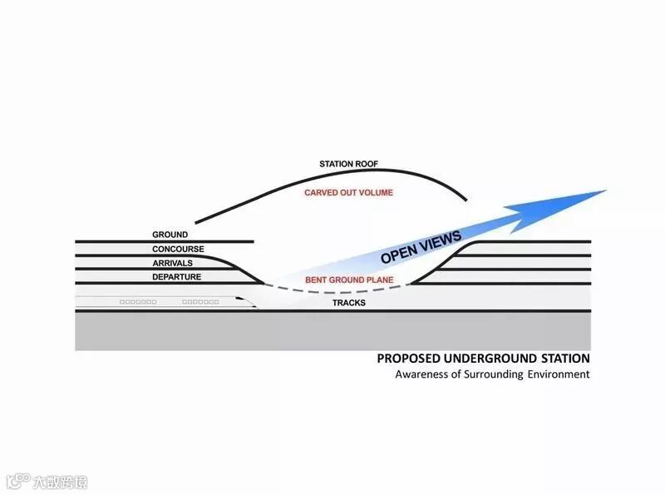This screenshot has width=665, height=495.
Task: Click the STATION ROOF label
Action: (348, 164)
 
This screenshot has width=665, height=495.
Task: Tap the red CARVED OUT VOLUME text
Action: (348, 193)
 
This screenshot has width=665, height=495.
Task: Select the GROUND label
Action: (170, 235)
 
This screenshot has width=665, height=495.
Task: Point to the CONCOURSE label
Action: (178, 250)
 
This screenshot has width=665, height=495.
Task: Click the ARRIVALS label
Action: (173, 263)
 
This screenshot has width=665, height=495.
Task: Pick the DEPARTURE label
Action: (177, 276)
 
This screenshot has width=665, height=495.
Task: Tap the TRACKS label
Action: (349, 303)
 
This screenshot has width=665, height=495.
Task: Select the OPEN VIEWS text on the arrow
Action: (421, 248)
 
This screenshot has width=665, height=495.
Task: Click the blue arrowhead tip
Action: (605, 191)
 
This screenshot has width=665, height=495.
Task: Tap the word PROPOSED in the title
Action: (407, 359)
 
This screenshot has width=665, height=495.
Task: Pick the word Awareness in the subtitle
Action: (421, 374)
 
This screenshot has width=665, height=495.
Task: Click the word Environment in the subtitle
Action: (557, 374)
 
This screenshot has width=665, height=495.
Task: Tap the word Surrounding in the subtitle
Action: (490, 374)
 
